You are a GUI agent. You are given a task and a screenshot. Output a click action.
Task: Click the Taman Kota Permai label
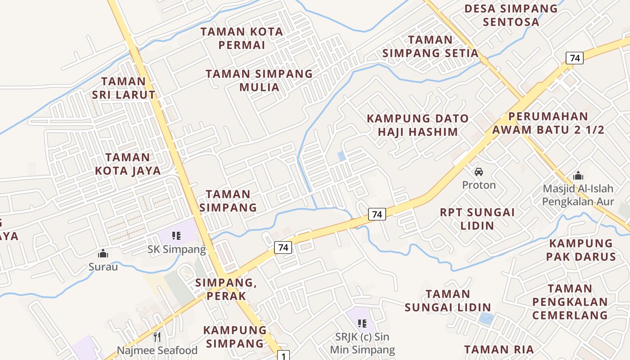tap(242, 38)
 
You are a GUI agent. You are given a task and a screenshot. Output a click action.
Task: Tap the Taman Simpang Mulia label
tap(259, 80)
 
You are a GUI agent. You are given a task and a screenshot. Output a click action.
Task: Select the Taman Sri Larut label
tap(123, 88)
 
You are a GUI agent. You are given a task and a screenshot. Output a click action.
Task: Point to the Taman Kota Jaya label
tap(128, 164)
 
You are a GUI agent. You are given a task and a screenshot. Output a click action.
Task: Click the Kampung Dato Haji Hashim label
tap(418, 125)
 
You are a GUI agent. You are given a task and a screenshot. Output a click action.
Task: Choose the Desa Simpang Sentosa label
tap(511, 15)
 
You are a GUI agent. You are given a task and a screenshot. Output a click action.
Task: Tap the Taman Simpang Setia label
tap(430, 46)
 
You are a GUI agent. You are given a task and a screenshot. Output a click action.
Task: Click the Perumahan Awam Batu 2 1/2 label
tap(548, 123)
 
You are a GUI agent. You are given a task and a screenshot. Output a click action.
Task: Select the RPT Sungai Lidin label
tap(477, 219)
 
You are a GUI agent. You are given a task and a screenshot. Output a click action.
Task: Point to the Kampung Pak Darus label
tap(581, 250)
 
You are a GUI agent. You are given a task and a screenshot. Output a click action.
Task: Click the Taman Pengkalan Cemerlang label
tap(570, 301)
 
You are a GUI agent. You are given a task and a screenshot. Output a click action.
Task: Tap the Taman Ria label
tap(499, 349)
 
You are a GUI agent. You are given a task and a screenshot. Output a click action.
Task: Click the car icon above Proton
tap(479, 172)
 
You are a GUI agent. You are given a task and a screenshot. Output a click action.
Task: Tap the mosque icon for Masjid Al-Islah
tap(578, 175)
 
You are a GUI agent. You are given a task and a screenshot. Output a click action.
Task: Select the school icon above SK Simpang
tap(176, 235)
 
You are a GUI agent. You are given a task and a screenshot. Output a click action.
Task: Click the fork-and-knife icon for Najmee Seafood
tap(157, 337)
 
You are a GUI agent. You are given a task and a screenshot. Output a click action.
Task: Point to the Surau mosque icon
tap(103, 254)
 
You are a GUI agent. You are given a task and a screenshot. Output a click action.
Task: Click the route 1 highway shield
tap(283, 356)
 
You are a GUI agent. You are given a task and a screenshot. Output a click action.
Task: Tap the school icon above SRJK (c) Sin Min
tap(362, 323)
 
